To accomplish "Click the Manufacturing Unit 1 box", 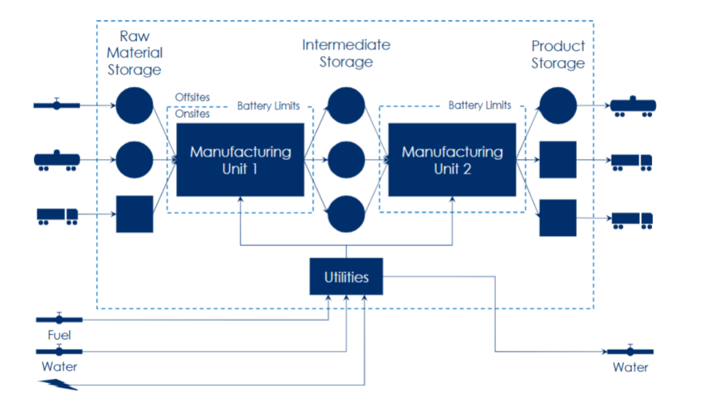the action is tap(241, 159).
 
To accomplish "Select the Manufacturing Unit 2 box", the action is tap(452, 159).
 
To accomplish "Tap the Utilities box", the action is tap(346, 276).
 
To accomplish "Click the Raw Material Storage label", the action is tap(134, 53).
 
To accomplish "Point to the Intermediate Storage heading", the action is tap(346, 53).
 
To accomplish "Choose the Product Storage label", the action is tap(558, 54).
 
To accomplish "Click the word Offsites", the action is tap(192, 97).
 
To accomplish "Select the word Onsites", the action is tap(192, 113).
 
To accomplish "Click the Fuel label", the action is tap(60, 335).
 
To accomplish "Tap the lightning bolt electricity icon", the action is tap(58, 384).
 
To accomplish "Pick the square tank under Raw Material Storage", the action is tap(134, 214).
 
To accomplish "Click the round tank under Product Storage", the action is tap(558, 106).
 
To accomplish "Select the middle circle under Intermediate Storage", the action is tap(346, 159).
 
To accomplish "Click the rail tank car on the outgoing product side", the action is tap(633, 106).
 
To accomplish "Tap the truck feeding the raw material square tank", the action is tap(58, 216).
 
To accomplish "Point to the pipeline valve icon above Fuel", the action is tap(60, 318).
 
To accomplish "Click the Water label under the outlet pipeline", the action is tap(630, 367).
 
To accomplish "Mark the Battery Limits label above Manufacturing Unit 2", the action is tap(480, 105).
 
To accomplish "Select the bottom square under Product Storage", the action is tap(558, 218).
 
